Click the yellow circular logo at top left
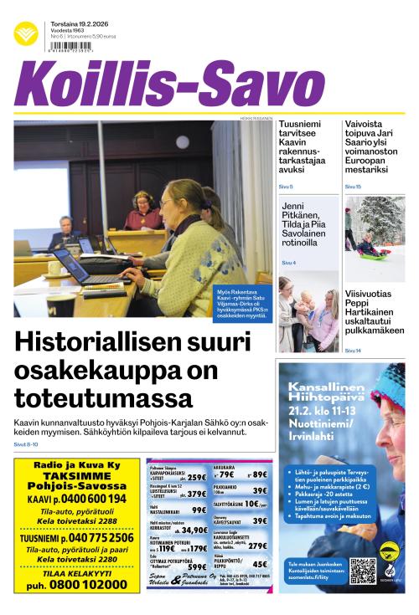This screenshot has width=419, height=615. [x=26, y=34]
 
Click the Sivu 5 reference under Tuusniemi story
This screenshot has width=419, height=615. [x=286, y=186]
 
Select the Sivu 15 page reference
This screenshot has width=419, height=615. [x=353, y=186]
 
